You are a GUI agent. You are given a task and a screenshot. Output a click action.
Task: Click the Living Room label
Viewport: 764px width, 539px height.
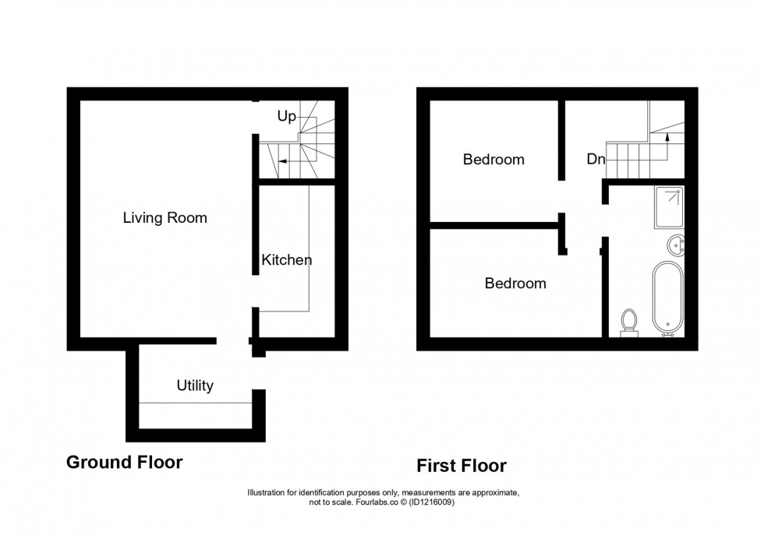point(165,218)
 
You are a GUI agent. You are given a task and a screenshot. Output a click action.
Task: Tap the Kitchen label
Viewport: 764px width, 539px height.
point(287,260)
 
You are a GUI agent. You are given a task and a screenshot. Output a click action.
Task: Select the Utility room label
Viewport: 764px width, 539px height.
point(195,385)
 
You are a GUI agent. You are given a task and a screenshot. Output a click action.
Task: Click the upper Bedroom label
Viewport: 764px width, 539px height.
point(493,160)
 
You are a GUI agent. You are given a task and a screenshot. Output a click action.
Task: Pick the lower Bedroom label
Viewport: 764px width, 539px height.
point(515,284)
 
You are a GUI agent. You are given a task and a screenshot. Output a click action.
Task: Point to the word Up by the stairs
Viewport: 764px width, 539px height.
point(287,117)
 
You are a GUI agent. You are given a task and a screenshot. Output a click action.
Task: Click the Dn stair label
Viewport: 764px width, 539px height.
point(596,160)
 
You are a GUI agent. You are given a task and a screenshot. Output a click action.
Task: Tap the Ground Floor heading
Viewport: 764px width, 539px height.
point(125,462)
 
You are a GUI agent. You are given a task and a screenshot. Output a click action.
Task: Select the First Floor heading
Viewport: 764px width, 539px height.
point(462,466)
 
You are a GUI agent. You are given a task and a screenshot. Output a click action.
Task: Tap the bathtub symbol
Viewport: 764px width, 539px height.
point(667,296)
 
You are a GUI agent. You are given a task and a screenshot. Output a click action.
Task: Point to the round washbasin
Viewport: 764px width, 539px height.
point(675,245)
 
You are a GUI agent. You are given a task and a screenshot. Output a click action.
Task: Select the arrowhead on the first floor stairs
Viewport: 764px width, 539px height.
point(667,137)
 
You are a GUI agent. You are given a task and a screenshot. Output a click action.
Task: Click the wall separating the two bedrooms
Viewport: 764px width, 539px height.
point(495,226)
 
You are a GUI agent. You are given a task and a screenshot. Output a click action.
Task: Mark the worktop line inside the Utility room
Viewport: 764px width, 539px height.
point(195,403)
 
